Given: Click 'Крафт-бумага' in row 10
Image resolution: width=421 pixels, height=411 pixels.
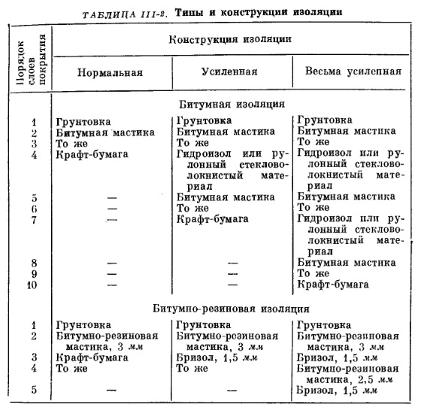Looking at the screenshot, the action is [x=333, y=285].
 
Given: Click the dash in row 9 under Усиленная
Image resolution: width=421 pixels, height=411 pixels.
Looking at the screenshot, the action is [x=232, y=274].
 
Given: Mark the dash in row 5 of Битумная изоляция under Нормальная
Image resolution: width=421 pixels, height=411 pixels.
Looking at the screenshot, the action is [x=112, y=197].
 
